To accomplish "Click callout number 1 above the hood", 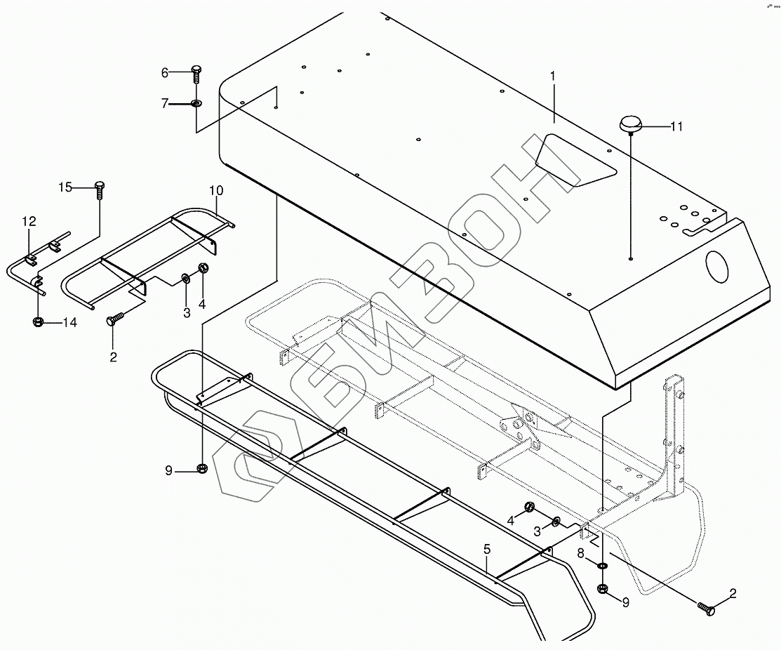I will pyautogui.click(x=553, y=74).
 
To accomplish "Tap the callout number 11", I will pyautogui.click(x=676, y=126).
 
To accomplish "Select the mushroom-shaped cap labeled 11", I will pyautogui.click(x=629, y=126).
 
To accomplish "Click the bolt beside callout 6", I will pyautogui.click(x=196, y=73).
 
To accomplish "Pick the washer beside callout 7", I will pyautogui.click(x=196, y=104).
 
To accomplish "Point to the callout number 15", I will pyautogui.click(x=65, y=187).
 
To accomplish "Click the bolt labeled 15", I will pyautogui.click(x=99, y=189).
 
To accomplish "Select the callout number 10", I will pyautogui.click(x=215, y=190).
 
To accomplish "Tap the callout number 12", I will pyautogui.click(x=28, y=221).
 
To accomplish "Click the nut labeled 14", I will pyautogui.click(x=38, y=322).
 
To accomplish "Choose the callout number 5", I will pyautogui.click(x=486, y=549).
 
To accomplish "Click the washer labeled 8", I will pyautogui.click(x=603, y=566).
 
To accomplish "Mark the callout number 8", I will pyautogui.click(x=580, y=552).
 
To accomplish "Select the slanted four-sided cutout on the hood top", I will pyautogui.click(x=576, y=159).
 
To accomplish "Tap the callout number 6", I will pyautogui.click(x=166, y=72).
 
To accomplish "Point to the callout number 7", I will pyautogui.click(x=166, y=104).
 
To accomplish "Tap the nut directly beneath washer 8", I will pyautogui.click(x=602, y=589).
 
